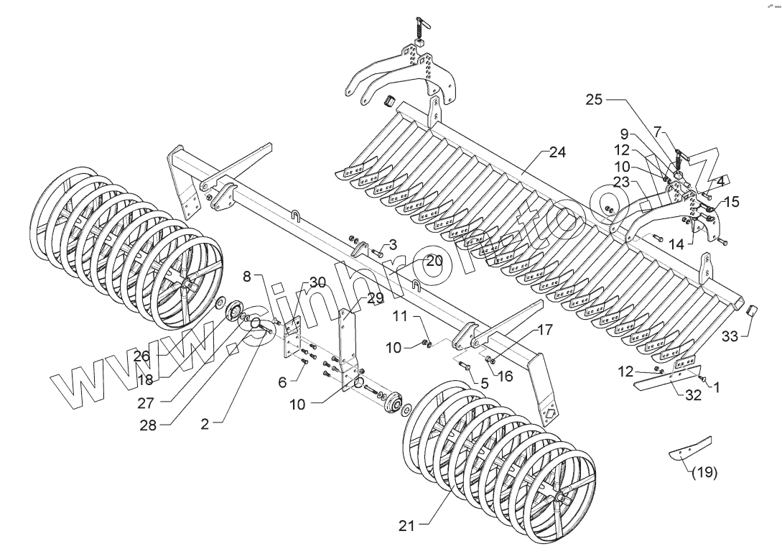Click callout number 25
[593, 100]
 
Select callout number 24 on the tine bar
[557, 152]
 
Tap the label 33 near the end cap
[730, 335]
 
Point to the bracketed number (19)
[704, 474]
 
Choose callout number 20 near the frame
[434, 262]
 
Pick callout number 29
[376, 297]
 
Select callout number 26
[141, 355]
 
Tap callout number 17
[544, 331]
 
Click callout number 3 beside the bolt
[394, 246]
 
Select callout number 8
[246, 275]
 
